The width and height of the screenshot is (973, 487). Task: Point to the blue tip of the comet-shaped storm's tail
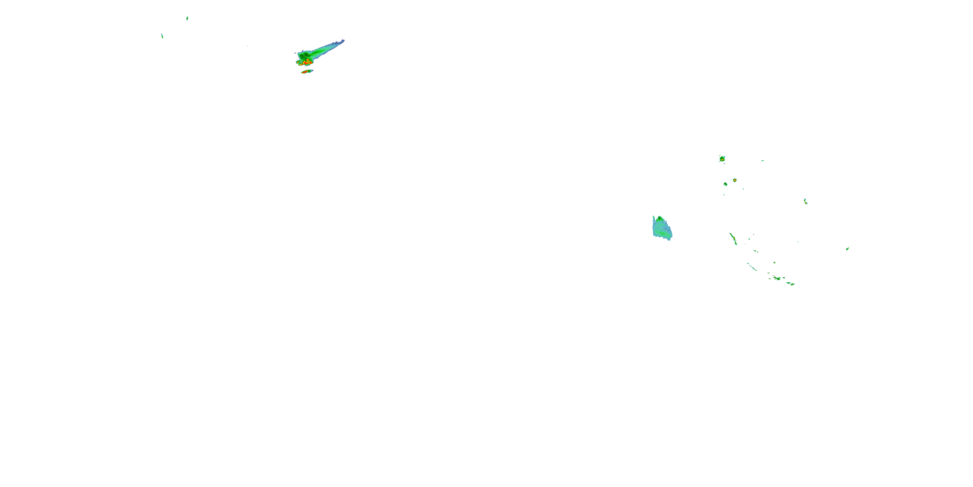342,41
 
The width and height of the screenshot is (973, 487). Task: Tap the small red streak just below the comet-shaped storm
306,71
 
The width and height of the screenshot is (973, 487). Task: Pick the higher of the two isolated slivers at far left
187,19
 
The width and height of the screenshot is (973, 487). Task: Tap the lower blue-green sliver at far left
162,36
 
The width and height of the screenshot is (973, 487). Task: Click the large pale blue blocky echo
662,229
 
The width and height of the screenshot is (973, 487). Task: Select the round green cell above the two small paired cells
722,158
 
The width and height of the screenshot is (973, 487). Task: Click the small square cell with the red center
735,181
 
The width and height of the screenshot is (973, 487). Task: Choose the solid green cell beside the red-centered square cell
726,184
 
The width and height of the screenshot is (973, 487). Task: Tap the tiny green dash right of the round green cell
763,161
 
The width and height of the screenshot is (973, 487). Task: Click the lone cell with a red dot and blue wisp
806,202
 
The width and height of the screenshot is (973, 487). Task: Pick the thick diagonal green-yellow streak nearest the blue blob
733,239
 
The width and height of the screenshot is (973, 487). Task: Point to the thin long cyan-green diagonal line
752,267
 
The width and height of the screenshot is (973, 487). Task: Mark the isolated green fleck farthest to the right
847,249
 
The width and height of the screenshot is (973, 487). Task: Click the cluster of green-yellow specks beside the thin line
776,278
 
